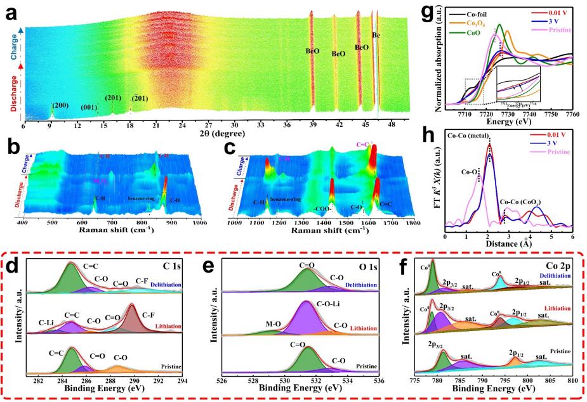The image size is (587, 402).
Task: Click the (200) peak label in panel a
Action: [60, 105]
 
